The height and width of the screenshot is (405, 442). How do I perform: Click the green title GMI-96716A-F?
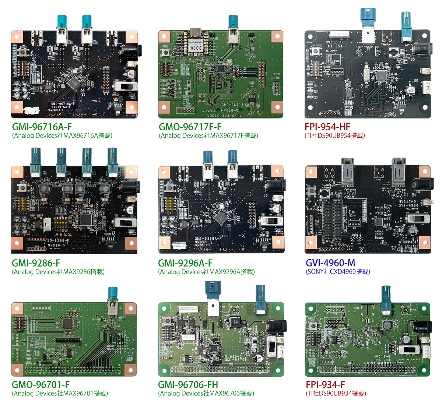point(42,127)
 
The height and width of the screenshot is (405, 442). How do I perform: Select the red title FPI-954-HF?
point(327,127)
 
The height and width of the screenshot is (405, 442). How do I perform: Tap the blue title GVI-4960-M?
point(330,263)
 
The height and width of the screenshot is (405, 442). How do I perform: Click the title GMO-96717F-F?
point(190,127)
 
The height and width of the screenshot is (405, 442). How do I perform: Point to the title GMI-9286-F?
point(36,263)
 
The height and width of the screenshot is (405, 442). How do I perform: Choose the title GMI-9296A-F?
point(185,263)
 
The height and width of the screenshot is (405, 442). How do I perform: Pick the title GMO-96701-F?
point(41,385)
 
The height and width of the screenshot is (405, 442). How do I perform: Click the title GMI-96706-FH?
point(188,385)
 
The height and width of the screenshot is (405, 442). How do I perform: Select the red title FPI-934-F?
point(325,385)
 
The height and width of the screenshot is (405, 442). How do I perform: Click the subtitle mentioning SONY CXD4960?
point(338,272)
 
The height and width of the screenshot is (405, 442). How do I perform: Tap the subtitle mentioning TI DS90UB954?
point(335,135)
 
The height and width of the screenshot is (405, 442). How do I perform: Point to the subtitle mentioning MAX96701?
point(60,394)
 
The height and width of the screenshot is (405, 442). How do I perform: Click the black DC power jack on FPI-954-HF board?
point(422,49)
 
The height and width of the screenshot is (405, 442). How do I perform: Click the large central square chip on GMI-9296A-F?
point(220,217)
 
